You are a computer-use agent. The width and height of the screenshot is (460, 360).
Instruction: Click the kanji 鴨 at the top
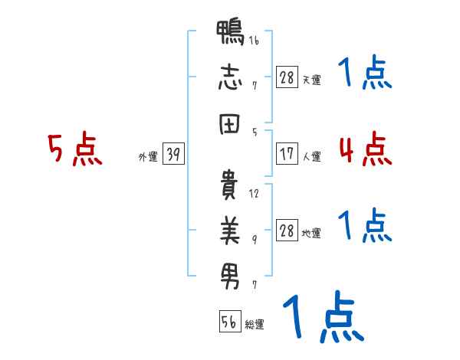pos(230,35)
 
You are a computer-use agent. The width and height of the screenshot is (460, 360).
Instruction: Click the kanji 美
pos(230,229)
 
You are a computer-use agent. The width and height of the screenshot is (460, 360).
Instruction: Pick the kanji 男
pos(230,274)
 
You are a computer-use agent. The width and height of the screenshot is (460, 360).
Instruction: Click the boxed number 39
pos(173,155)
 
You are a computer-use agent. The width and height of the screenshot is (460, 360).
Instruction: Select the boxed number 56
pos(229,322)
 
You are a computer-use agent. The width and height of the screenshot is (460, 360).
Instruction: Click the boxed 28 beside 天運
pos(287,77)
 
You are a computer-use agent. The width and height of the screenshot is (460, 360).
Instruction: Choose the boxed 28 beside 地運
pos(287,231)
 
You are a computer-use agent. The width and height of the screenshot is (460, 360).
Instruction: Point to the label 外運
pos(148,157)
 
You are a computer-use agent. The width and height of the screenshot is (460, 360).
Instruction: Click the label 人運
pos(311,157)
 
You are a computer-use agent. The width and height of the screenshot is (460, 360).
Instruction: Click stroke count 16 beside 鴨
pos(254,41)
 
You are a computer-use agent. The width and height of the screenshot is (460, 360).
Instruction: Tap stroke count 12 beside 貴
pos(254,194)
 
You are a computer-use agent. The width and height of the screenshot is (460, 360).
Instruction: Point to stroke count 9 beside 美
pos(254,238)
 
